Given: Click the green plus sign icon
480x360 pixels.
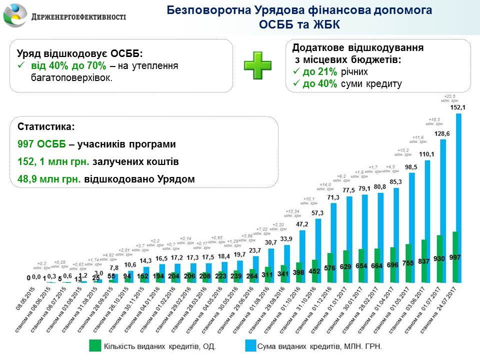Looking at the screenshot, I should pos(257,65).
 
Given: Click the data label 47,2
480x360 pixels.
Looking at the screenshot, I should pos(302,224).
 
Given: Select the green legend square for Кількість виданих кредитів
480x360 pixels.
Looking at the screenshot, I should pos(94,345).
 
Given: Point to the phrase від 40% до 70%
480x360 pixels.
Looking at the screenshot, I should pos(69,66).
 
